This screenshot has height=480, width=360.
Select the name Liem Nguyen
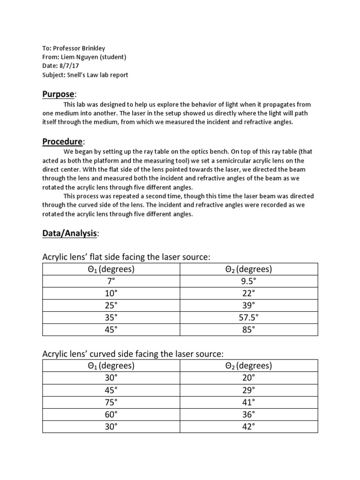point(78,57)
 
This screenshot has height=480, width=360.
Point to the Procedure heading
point(62,141)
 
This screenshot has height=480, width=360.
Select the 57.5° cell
point(249,317)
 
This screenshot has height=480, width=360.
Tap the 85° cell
point(249,330)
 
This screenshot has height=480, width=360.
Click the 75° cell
point(111,402)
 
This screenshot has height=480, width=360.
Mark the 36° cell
point(249,414)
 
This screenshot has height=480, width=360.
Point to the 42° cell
point(249,427)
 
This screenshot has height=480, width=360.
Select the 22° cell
point(249,293)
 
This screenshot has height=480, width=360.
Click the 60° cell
point(111,414)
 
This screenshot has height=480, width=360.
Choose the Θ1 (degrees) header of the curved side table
point(111,366)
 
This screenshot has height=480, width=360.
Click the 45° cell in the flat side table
point(111,330)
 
